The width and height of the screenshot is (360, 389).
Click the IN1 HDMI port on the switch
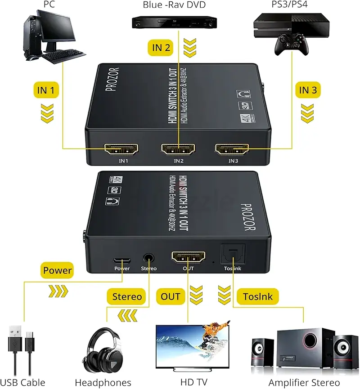pyautogui.click(x=121, y=149)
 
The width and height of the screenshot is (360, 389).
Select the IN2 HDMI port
pyautogui.click(x=178, y=149)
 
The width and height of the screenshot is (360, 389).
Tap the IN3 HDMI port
pyautogui.click(x=232, y=149)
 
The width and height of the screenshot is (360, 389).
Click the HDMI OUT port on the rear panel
pyautogui.click(x=188, y=258)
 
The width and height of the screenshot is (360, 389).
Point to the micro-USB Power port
pyautogui.click(x=122, y=261)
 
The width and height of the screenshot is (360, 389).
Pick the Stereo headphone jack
pyautogui.click(x=148, y=258)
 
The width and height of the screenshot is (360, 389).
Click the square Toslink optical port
pyautogui.click(x=233, y=255)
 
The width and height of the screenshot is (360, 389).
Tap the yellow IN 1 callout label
pyautogui.click(x=46, y=90)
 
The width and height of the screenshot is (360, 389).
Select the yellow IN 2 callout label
pyautogui.click(x=161, y=47)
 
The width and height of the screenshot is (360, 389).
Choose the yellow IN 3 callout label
pyautogui.click(x=308, y=90)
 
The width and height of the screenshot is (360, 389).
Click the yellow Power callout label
pyautogui.click(x=57, y=270)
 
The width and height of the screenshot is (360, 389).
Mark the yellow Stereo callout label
pyautogui.click(x=126, y=296)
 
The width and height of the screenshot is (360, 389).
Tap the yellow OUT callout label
pyautogui.click(x=171, y=296)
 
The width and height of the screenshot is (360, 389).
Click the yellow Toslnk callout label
pyautogui.click(x=257, y=296)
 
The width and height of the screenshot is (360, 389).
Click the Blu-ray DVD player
pyautogui.click(x=174, y=22)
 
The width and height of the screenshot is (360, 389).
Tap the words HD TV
pyautogui.click(x=193, y=382)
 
